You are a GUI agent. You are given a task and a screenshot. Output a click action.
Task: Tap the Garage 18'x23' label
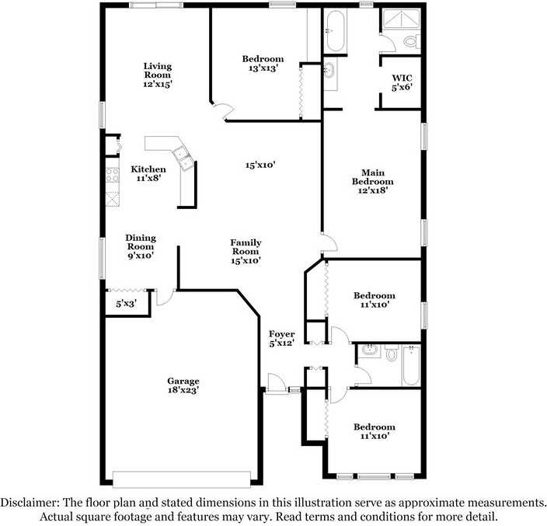183,386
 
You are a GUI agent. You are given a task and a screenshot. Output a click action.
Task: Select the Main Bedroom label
372,180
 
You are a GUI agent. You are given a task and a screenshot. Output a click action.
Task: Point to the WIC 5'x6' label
402,82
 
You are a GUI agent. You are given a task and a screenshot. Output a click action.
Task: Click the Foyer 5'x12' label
281,338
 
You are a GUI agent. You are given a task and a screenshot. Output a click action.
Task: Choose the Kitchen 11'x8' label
148,173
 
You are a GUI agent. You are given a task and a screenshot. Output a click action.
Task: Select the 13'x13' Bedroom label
263,63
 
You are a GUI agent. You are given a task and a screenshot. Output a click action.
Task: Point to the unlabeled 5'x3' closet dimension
126,304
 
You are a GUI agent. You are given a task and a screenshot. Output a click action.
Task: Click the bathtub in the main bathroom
336,30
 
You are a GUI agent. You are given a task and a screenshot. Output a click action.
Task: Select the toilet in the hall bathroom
392,355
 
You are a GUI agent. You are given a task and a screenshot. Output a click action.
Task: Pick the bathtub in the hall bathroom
411,365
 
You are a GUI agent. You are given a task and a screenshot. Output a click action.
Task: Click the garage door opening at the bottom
182,478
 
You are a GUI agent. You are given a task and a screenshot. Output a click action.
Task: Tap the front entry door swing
274,384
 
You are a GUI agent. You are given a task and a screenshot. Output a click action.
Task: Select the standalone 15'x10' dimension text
261,165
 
